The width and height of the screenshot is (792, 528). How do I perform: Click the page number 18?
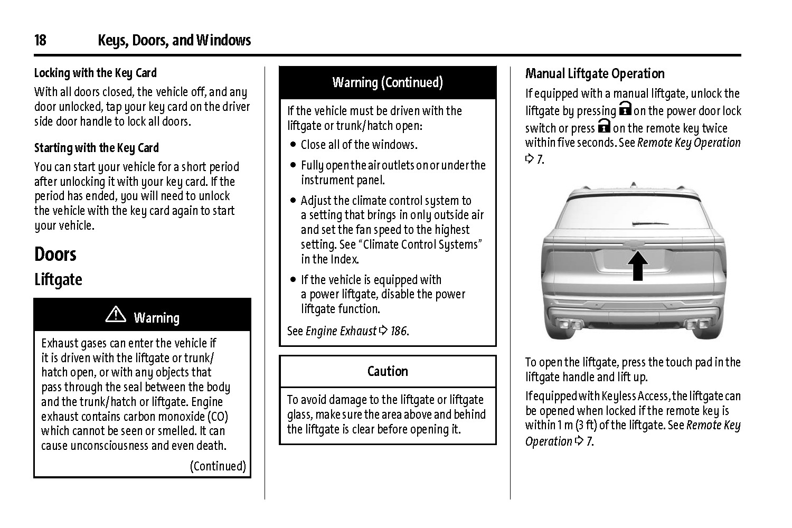(x=40, y=40)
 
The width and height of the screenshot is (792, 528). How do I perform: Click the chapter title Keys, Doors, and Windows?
(x=174, y=40)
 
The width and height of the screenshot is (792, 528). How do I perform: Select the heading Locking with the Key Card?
(x=96, y=73)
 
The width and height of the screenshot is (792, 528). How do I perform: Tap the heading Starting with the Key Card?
(x=97, y=148)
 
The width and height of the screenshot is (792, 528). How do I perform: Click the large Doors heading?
(x=55, y=254)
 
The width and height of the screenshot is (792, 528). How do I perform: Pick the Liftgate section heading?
(x=58, y=279)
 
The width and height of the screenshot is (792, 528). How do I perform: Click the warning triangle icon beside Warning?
(x=116, y=315)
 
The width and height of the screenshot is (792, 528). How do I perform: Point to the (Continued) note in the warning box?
(x=218, y=466)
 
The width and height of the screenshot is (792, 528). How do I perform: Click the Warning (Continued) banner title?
(x=388, y=82)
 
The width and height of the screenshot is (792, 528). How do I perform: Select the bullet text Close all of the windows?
(x=359, y=145)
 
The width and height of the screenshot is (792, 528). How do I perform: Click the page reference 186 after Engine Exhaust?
(x=399, y=331)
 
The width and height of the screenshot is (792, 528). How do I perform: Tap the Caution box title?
(x=388, y=371)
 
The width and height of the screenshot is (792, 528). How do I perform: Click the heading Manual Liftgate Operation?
(x=595, y=73)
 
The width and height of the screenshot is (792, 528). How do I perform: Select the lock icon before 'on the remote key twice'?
(x=604, y=127)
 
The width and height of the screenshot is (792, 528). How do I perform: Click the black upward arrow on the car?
(x=638, y=266)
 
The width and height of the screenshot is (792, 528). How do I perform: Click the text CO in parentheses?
(x=218, y=417)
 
